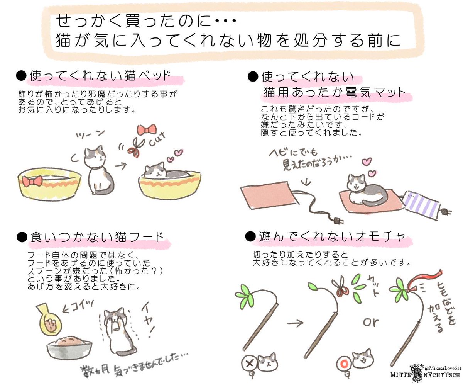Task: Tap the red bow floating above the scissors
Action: click(x=147, y=130)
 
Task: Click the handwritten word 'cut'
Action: click(x=157, y=139)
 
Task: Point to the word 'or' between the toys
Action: click(x=370, y=322)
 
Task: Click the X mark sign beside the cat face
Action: click(x=250, y=364)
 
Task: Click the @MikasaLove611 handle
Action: click(x=442, y=368)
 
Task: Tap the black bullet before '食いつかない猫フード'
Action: click(x=22, y=238)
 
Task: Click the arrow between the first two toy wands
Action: click(x=295, y=323)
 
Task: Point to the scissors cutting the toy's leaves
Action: click(x=341, y=287)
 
